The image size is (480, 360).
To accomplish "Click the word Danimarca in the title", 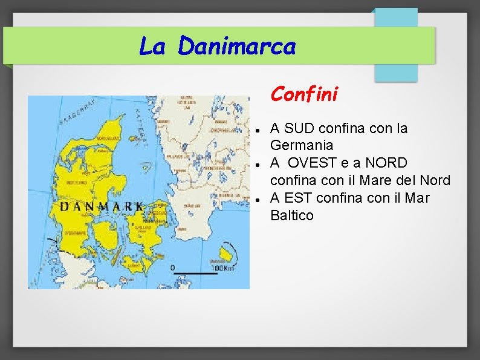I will point(236,46).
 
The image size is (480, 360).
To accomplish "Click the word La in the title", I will point(152,46).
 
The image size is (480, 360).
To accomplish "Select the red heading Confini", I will point(304,94).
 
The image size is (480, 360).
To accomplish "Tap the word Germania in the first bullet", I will point(302,145).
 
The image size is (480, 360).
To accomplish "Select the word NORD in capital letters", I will point(386,163).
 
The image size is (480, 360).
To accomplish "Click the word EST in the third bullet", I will point(298,197).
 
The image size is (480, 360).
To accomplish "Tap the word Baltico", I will point(292,215).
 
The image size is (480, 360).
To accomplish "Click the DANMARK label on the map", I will point(100,207).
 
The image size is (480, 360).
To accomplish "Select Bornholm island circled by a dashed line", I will point(228,249).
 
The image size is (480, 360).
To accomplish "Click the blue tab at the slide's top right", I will point(395,45).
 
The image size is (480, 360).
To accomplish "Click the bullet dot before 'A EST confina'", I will point(258,199).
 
